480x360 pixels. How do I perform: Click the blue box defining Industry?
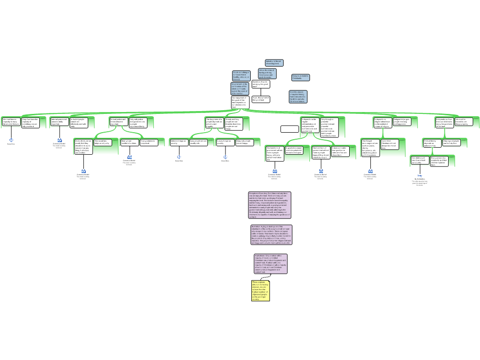point(274,62)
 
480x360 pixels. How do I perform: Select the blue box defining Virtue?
point(267,74)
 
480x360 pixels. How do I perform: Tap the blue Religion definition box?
point(300,77)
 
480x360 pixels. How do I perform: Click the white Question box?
point(261,84)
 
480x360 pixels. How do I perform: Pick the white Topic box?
point(261,99)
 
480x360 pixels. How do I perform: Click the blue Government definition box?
point(240,89)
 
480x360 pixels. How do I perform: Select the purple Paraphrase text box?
point(270,205)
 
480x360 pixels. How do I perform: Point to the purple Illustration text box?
point(271,235)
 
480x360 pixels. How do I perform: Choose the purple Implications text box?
point(270,263)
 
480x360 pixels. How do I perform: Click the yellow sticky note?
point(261,291)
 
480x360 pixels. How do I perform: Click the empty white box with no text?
point(290,129)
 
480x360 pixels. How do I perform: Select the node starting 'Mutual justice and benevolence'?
point(118,122)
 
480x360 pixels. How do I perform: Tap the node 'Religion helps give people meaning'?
point(402,122)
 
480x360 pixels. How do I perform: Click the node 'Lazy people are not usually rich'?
point(199,142)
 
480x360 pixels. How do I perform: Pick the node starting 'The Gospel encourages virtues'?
point(370,146)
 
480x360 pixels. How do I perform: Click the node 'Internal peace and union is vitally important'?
point(60,122)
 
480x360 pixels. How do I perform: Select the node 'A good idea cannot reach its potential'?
point(294,150)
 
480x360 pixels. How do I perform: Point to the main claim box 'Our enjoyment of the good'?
point(240,103)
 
